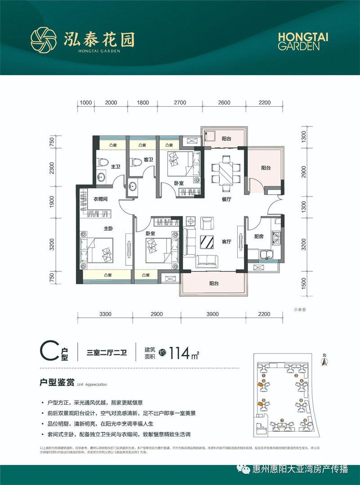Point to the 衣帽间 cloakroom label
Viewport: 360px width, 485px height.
pyautogui.click(x=100, y=199)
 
